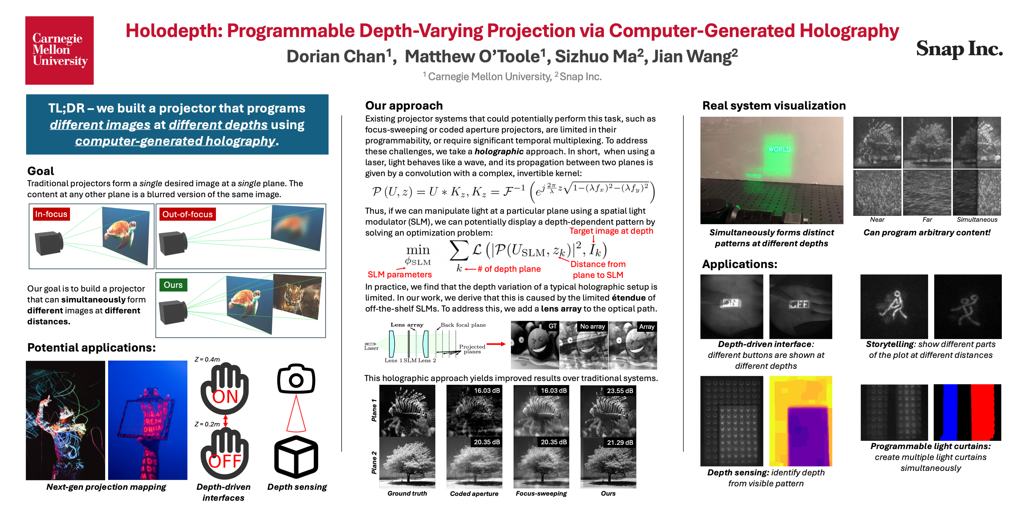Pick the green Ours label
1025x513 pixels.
tap(173, 285)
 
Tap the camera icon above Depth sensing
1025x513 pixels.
tap(296, 378)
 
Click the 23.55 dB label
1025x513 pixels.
tap(620, 391)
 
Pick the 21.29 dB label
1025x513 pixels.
tap(620, 442)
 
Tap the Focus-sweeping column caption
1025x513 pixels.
tap(541, 493)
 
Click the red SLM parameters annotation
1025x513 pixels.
tap(400, 274)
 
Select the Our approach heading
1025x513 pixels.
tap(404, 106)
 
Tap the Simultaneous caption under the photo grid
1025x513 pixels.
tap(977, 219)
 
